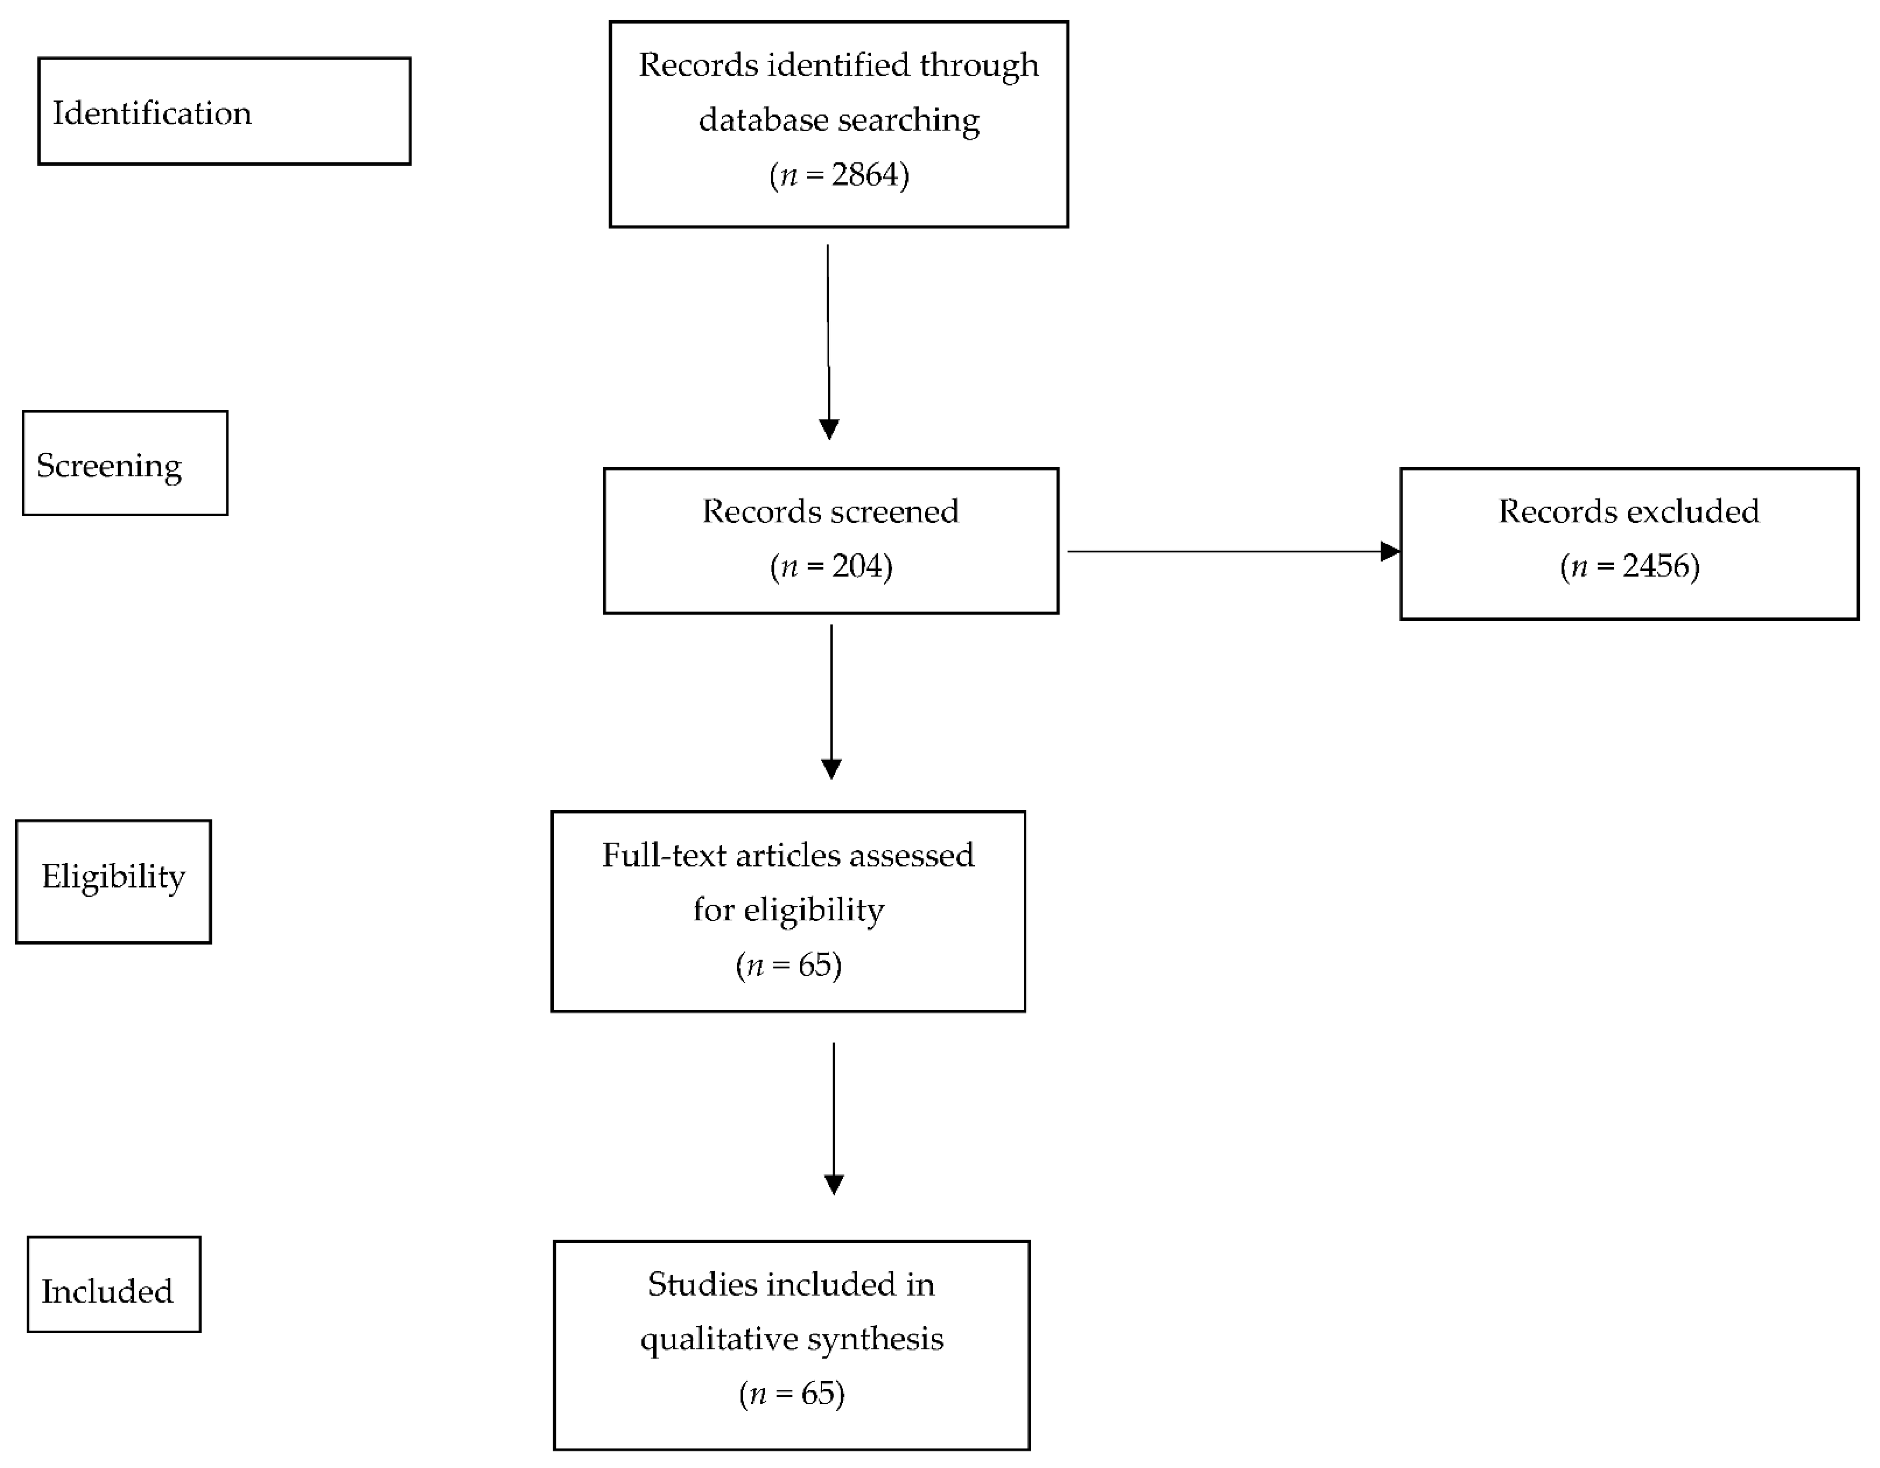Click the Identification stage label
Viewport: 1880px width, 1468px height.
pyautogui.click(x=152, y=113)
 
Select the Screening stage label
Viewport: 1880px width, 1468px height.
pyautogui.click(x=109, y=466)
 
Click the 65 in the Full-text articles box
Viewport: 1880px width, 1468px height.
pyautogui.click(x=814, y=964)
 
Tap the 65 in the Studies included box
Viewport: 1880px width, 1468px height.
pyautogui.click(x=818, y=1393)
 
